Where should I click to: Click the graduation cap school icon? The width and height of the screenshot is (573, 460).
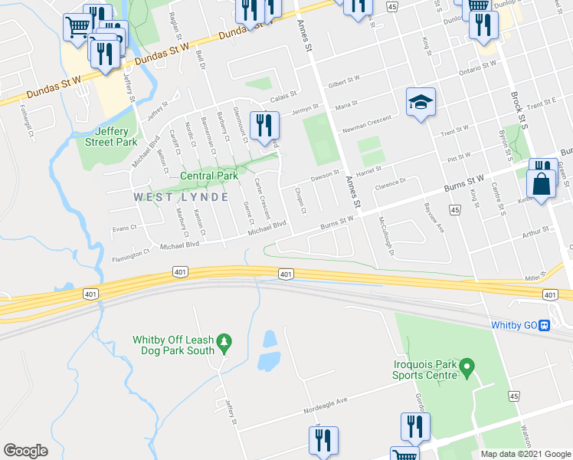click(420, 103)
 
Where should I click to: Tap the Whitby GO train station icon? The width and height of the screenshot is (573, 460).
click(544, 324)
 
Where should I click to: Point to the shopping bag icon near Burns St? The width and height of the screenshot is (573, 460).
click(541, 185)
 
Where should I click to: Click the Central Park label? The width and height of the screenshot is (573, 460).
click(209, 176)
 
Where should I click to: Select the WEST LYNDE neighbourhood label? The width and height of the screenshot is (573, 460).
click(182, 197)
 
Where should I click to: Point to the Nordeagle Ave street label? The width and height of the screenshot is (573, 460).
click(326, 401)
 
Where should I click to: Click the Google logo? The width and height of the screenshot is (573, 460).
click(25, 450)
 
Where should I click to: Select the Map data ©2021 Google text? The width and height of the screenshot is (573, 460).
click(525, 454)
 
